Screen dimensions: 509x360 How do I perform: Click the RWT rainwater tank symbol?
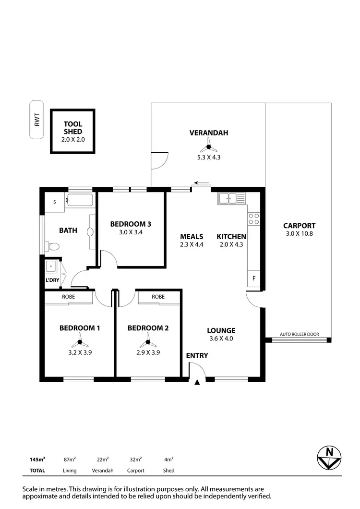[36, 120]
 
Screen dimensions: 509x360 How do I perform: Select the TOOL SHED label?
[73, 127]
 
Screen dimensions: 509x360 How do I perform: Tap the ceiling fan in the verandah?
[208, 147]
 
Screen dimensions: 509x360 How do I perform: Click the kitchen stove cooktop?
[253, 219]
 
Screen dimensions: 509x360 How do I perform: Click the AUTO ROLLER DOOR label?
[299, 335]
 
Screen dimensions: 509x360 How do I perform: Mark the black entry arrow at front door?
[197, 382]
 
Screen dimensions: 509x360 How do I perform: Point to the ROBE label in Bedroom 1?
[68, 297]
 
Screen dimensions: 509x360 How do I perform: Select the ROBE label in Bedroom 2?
[158, 297]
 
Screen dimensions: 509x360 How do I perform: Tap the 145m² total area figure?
[37, 460]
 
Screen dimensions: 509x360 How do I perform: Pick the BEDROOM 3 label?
[131, 224]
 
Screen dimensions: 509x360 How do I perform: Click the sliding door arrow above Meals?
[201, 183]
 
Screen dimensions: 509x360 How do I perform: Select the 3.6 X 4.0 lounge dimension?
[221, 339]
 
